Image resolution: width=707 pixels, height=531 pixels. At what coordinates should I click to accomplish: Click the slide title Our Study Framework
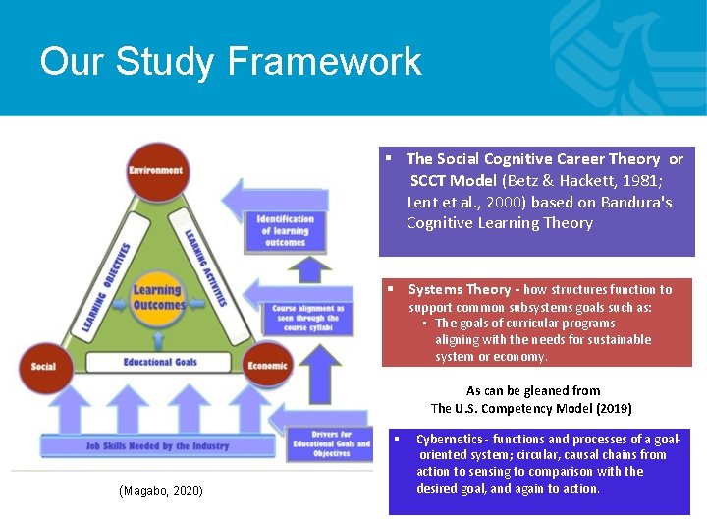pyautogui.click(x=231, y=61)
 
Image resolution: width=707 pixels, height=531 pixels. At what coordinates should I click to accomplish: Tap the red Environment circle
pyautogui.click(x=155, y=171)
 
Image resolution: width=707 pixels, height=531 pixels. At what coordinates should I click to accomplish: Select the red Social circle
pyautogui.click(x=44, y=366)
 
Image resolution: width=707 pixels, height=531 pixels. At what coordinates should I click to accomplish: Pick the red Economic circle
pyautogui.click(x=266, y=366)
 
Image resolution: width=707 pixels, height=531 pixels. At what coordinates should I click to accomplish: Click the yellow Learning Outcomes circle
pyautogui.click(x=157, y=297)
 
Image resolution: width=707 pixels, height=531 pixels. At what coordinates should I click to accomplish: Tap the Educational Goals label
pyautogui.click(x=160, y=362)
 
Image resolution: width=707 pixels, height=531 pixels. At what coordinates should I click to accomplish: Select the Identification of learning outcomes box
pyautogui.click(x=285, y=231)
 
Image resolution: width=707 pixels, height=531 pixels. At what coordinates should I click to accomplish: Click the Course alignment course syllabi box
pyautogui.click(x=305, y=318)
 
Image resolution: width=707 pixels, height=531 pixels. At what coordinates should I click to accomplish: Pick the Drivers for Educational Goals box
pyautogui.click(x=332, y=444)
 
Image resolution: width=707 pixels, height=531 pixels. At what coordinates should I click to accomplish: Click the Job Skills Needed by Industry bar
pyautogui.click(x=157, y=445)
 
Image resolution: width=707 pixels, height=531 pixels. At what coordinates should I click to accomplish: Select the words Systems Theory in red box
pyautogui.click(x=460, y=289)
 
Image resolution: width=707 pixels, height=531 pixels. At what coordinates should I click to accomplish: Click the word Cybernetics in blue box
pyautogui.click(x=450, y=439)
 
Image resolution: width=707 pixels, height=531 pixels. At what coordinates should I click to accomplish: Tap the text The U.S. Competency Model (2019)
pyautogui.click(x=531, y=408)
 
